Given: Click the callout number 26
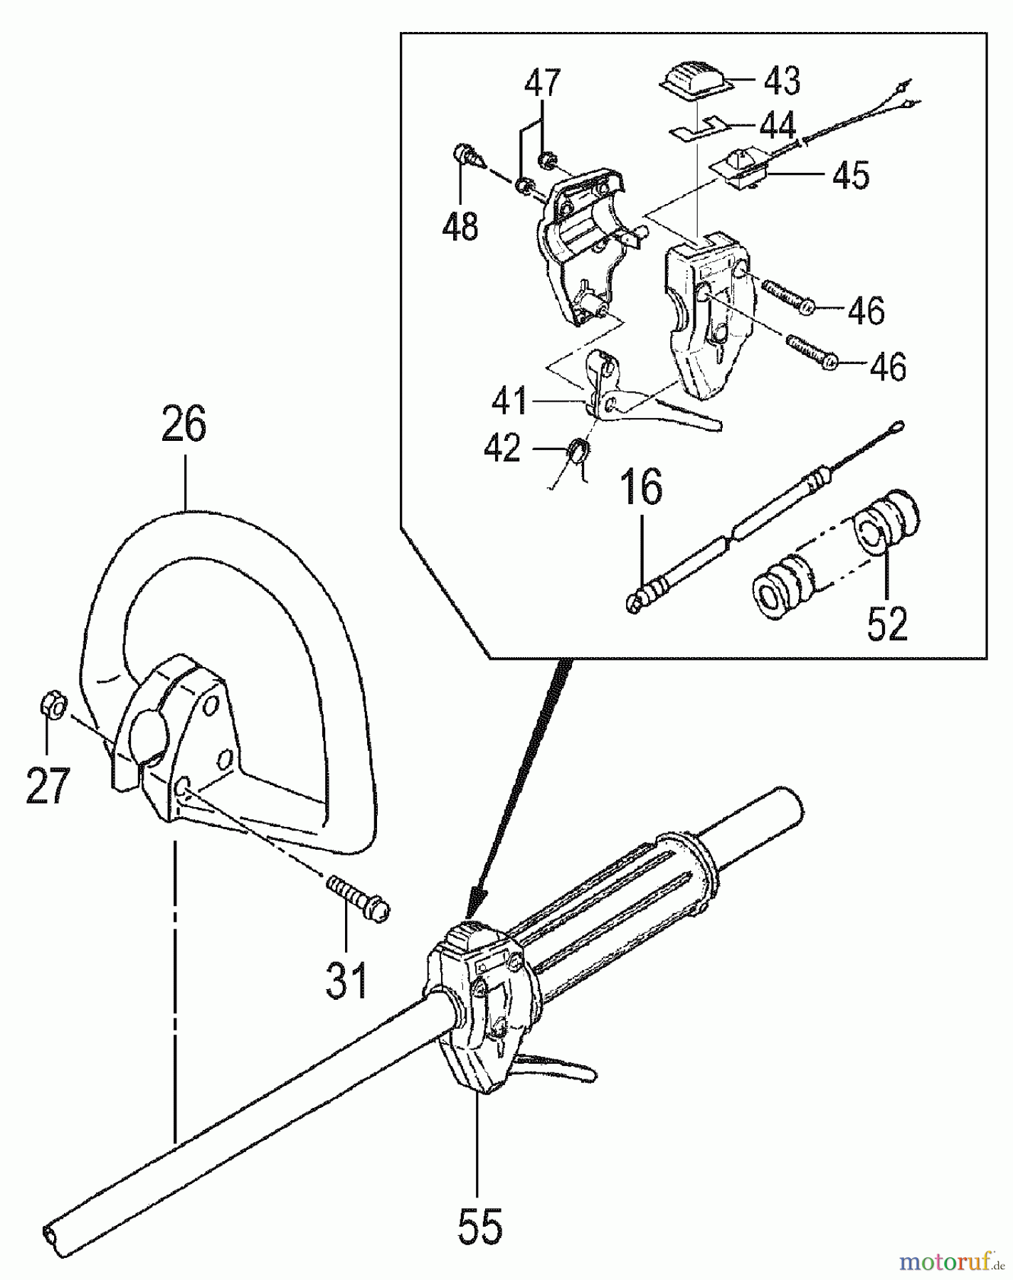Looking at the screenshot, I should point(184,425).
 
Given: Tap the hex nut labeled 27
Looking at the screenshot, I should point(52,708).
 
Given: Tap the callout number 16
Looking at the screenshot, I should point(643,488).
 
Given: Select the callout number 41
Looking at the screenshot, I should point(509,400).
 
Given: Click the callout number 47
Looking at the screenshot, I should point(543,82).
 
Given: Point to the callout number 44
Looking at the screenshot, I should point(777,127).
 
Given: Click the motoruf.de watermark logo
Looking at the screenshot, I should point(945,1262).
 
